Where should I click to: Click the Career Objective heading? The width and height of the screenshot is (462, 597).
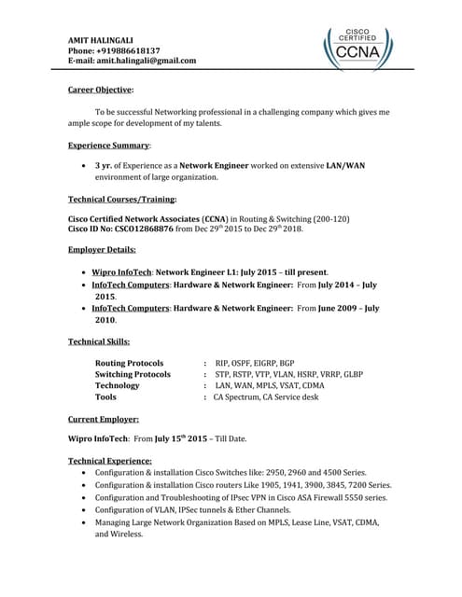tap(101, 90)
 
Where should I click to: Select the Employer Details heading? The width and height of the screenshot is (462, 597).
tap(102, 250)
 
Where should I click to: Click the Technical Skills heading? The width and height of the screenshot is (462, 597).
tap(99, 341)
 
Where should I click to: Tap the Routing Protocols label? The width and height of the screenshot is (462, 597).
tap(129, 363)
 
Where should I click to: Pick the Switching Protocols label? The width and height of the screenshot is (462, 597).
tap(133, 374)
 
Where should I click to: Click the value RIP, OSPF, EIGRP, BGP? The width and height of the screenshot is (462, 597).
tap(255, 363)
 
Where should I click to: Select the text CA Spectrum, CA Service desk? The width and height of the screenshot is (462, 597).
tap(266, 396)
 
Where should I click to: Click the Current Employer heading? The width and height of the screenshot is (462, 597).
tap(104, 420)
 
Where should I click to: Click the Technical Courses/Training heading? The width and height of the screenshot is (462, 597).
tap(121, 200)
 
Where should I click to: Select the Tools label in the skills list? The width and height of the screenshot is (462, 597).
tap(105, 396)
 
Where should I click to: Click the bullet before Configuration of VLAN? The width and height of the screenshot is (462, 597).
tap(86, 512)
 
